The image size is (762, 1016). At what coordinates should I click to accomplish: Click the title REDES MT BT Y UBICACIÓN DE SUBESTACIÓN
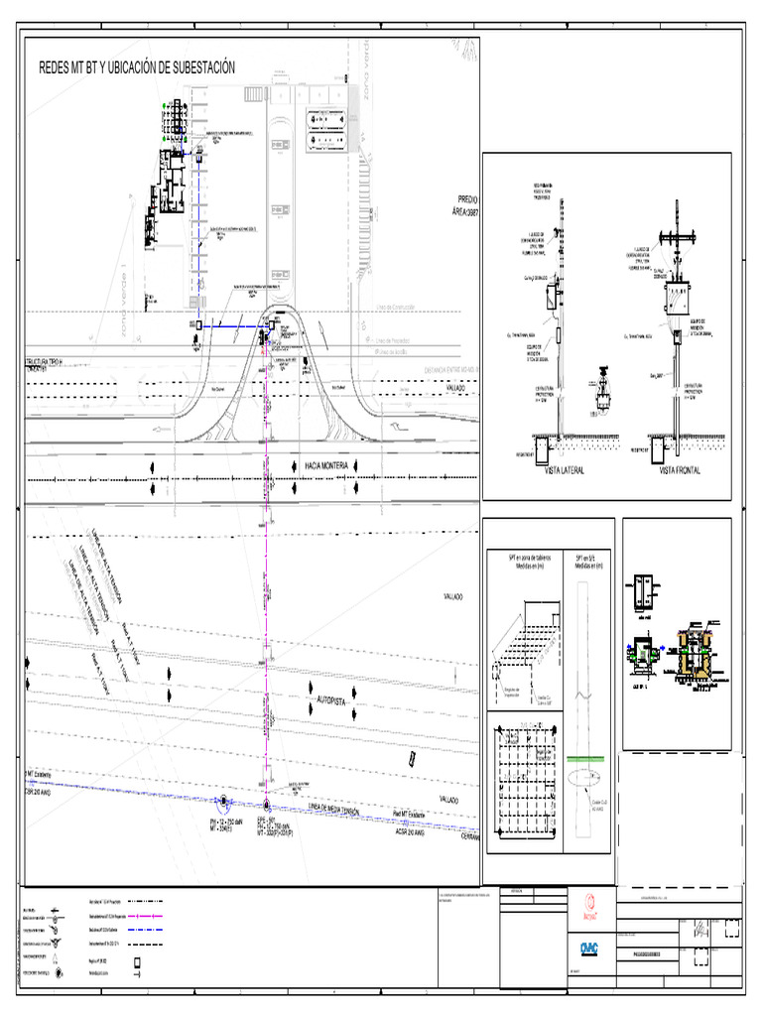pos(136,67)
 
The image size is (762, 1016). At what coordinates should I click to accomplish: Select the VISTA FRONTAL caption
pos(680,471)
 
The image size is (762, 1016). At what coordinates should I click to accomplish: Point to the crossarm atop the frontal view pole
pos(679,238)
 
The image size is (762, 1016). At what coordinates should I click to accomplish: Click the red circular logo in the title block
pos(591,904)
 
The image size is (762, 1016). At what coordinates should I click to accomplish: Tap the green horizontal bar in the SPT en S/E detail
pos(588,757)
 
